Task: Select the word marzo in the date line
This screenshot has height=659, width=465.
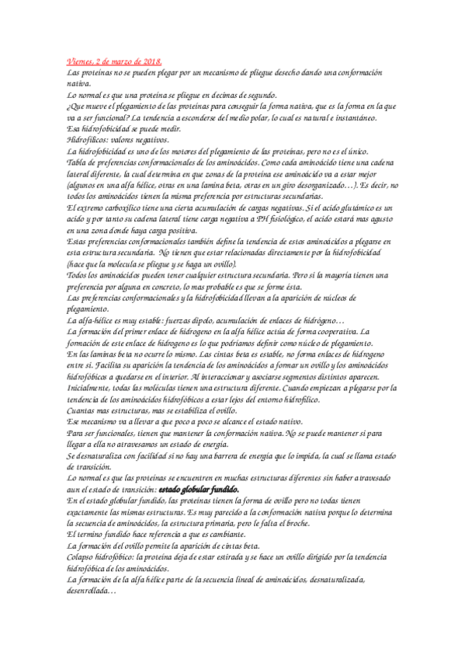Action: tap(127, 61)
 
